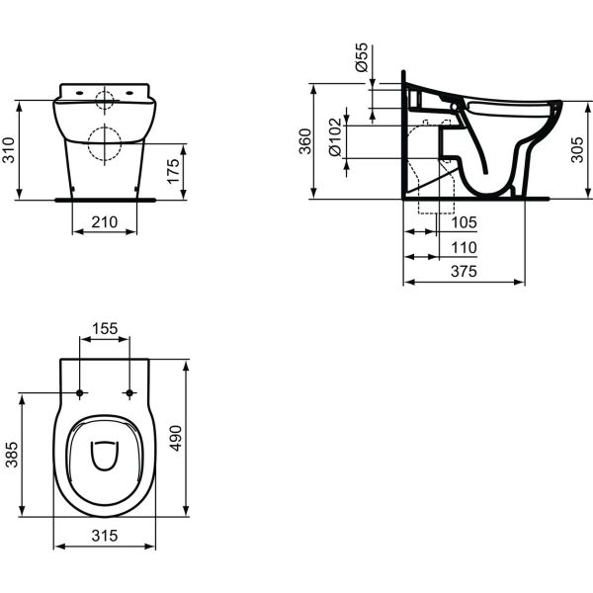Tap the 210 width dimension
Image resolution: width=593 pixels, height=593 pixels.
coord(105,222)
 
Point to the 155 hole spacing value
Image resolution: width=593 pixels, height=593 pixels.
coord(104,327)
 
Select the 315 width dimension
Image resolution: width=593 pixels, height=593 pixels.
coord(105,535)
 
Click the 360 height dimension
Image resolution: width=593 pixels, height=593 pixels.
coord(305,141)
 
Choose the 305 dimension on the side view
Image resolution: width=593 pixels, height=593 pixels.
coord(575,148)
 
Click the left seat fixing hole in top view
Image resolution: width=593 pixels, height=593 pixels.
coord(80,393)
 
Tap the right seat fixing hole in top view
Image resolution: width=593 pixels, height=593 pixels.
coord(129,393)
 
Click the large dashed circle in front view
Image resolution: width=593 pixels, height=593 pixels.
coord(105,145)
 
